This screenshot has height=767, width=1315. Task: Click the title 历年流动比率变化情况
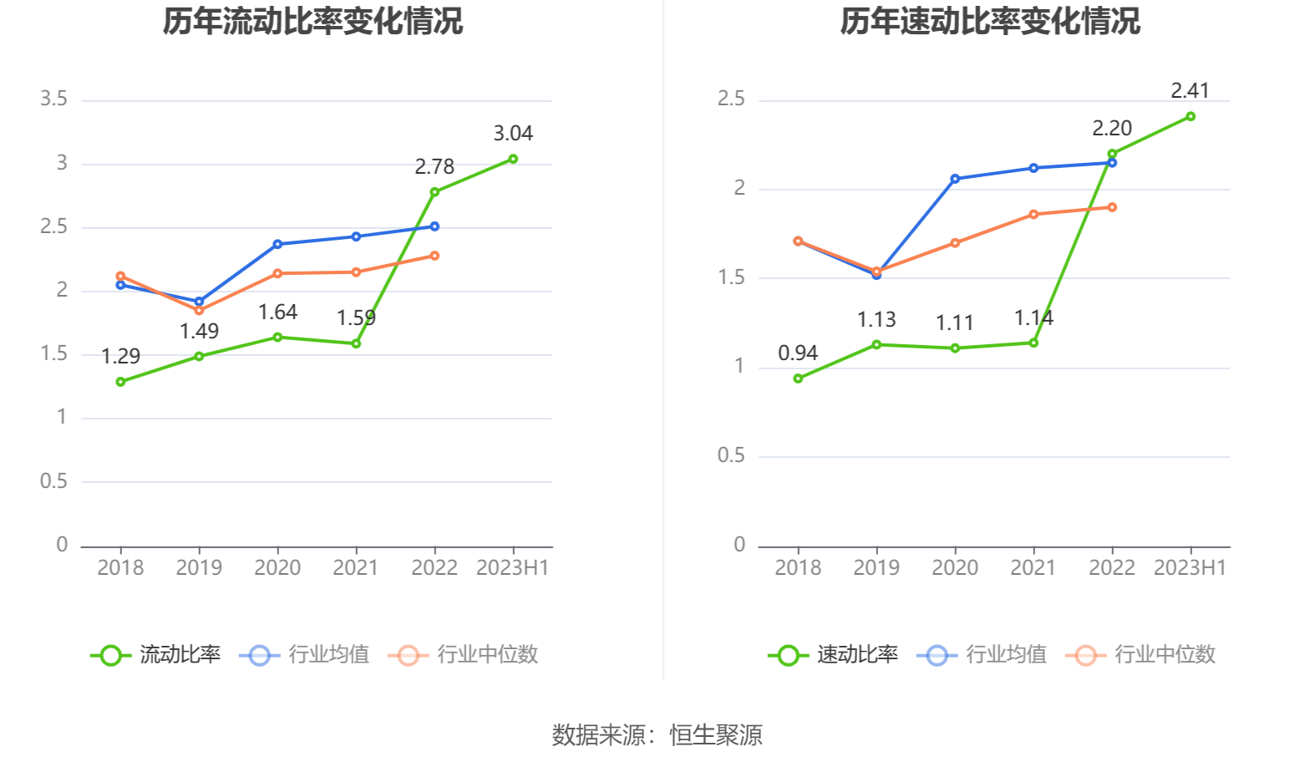click(x=312, y=22)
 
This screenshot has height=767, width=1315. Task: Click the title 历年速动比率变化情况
click(x=990, y=22)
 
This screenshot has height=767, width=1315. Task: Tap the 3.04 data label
click(x=513, y=134)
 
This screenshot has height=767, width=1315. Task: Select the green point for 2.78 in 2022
click(x=434, y=192)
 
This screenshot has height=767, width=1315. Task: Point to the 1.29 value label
click(x=120, y=357)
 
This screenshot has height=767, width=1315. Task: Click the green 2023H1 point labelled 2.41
click(x=1191, y=117)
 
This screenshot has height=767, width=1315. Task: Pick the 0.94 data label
click(x=798, y=353)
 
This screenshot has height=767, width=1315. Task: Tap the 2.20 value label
click(x=1112, y=129)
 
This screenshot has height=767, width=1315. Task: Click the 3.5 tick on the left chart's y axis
click(x=53, y=99)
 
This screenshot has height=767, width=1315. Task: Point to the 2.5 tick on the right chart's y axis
click(x=731, y=99)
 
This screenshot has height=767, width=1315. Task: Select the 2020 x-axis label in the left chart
click(x=277, y=568)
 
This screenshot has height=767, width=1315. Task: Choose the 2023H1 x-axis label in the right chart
click(x=1190, y=568)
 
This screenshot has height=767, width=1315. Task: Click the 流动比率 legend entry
click(x=156, y=655)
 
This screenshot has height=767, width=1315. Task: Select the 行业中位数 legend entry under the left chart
click(x=464, y=655)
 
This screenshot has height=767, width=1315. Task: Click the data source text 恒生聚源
click(x=716, y=735)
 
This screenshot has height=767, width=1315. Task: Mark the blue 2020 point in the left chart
click(x=277, y=245)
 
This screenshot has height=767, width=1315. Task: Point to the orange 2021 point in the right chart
click(x=1033, y=215)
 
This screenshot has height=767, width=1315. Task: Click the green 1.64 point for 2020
click(x=277, y=338)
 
